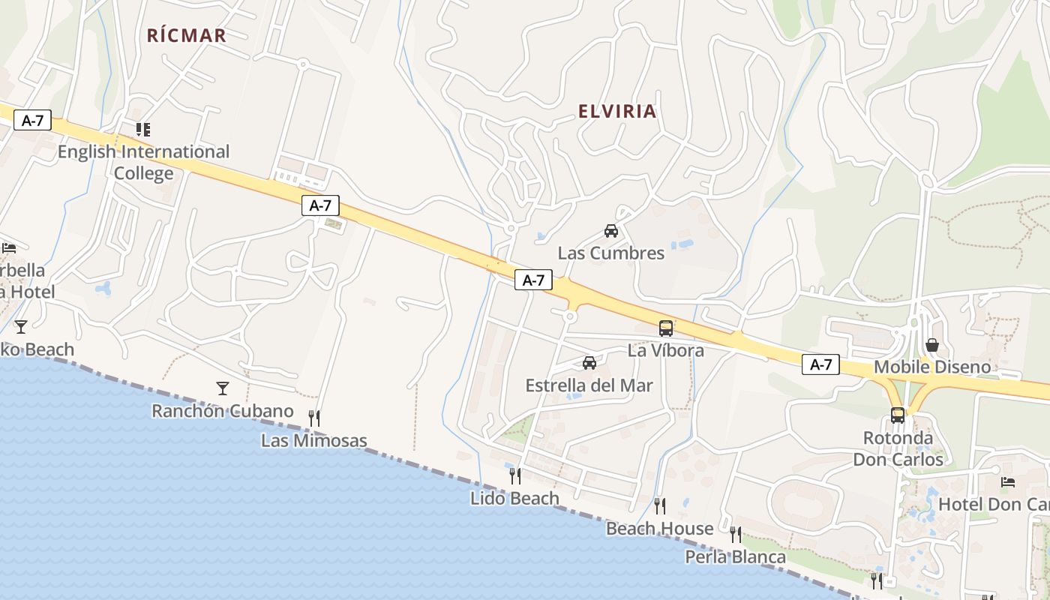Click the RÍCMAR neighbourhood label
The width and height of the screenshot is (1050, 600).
pyautogui.click(x=186, y=35)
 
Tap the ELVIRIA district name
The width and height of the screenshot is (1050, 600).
pyautogui.click(x=617, y=112)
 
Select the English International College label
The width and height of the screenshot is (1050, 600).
pyautogui.click(x=143, y=162)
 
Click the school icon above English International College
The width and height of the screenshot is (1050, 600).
pyautogui.click(x=143, y=130)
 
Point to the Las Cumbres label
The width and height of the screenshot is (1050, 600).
pyautogui.click(x=610, y=253)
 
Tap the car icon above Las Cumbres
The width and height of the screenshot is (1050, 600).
pyautogui.click(x=611, y=231)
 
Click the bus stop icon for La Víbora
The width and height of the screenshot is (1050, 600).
pyautogui.click(x=666, y=328)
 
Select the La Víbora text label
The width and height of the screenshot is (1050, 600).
pyautogui.click(x=666, y=350)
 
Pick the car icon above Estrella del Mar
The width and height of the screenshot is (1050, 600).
pyautogui.click(x=589, y=363)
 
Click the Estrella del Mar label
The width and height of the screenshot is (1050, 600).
pyautogui.click(x=589, y=385)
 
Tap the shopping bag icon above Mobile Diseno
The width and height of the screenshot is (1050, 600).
pyautogui.click(x=932, y=345)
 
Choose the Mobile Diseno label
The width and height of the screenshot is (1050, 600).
pyautogui.click(x=932, y=367)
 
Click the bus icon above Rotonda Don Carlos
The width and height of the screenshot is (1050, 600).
pyautogui.click(x=898, y=415)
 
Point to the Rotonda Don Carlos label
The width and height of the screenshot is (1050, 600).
pyautogui.click(x=898, y=448)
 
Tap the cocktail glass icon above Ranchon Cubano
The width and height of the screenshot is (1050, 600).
pyautogui.click(x=222, y=388)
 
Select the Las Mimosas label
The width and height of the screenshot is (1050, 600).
pyautogui.click(x=314, y=440)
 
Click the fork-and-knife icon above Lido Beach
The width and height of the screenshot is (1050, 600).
pyautogui.click(x=515, y=475)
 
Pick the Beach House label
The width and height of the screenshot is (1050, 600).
pyautogui.click(x=659, y=529)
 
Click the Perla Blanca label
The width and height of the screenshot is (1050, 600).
pyautogui.click(x=735, y=557)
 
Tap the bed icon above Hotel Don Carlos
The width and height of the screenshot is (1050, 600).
pyautogui.click(x=1008, y=481)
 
